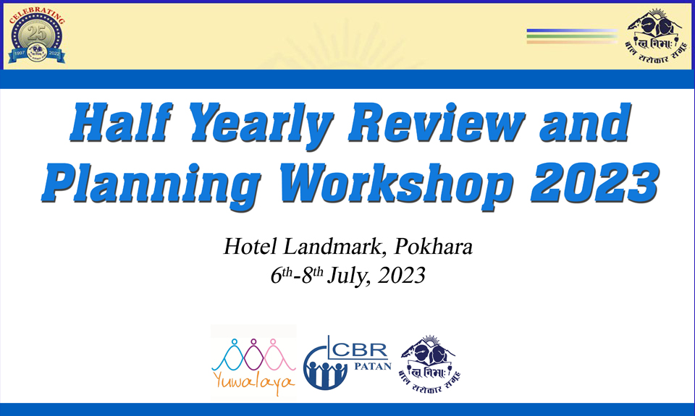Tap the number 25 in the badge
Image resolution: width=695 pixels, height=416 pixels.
37,33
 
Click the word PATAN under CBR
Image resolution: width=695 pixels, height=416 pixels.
374,366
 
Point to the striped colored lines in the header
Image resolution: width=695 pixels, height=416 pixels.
571,36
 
